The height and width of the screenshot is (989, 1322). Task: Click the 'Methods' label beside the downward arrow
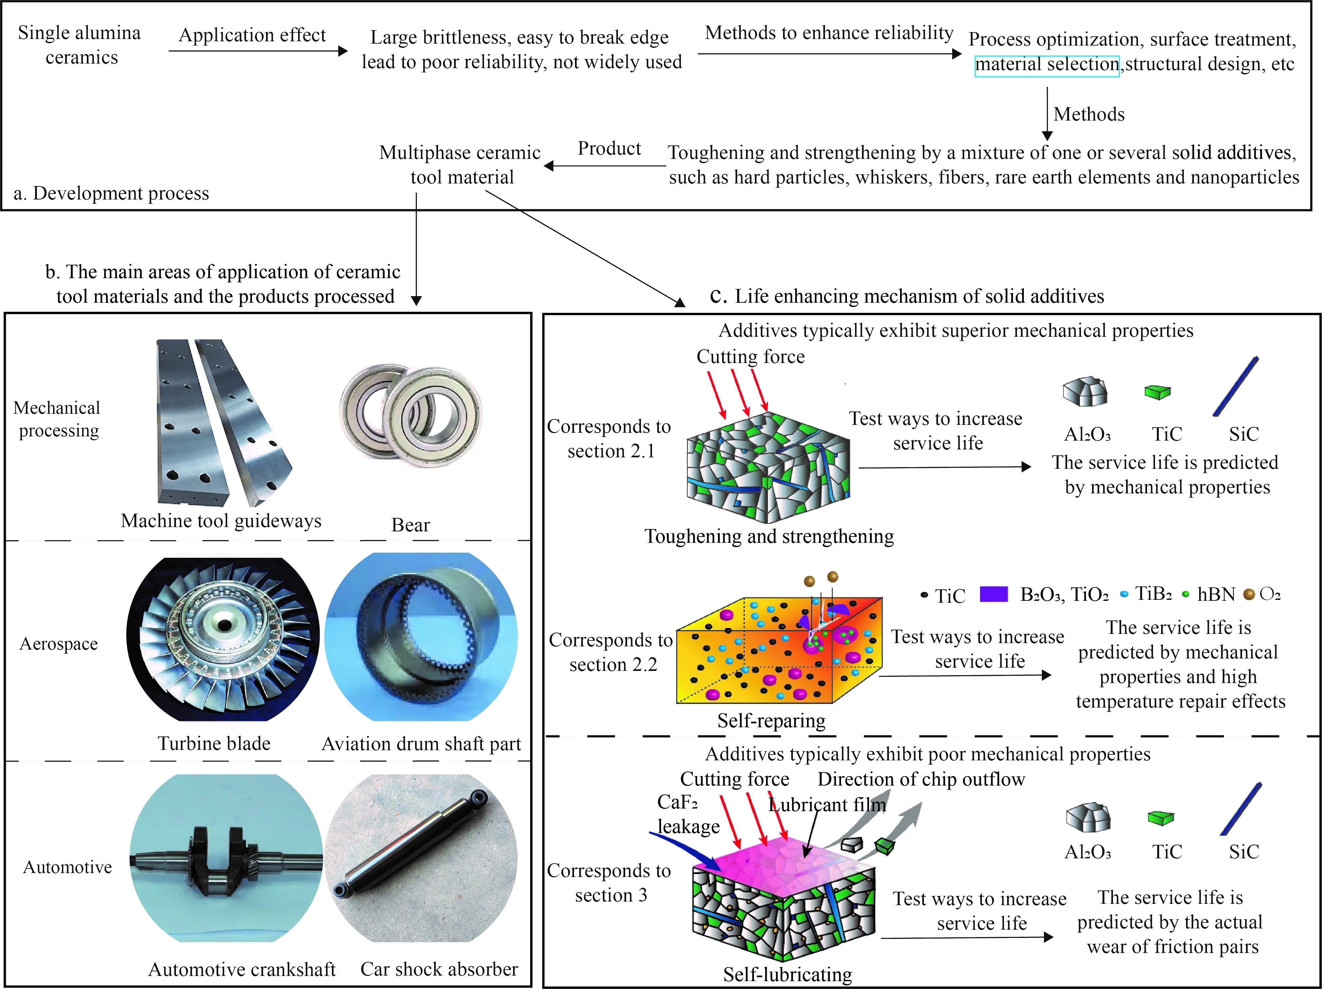click(1088, 114)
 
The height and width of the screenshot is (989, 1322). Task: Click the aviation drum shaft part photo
click(421, 637)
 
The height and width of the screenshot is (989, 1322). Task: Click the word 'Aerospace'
click(59, 644)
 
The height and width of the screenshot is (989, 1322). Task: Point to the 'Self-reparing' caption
click(771, 721)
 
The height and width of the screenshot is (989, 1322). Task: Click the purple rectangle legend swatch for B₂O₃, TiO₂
click(994, 594)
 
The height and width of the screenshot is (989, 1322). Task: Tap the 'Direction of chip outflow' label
click(921, 779)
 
